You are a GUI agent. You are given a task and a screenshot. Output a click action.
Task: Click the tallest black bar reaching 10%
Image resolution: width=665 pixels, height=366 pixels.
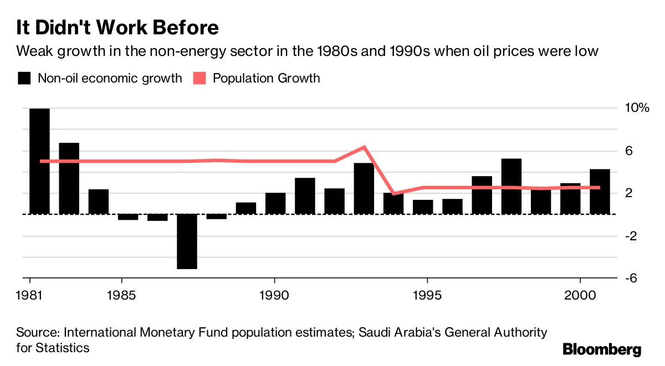coord(39,161)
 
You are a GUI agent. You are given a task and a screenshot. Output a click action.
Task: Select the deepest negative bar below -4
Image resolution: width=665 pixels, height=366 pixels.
coord(187,241)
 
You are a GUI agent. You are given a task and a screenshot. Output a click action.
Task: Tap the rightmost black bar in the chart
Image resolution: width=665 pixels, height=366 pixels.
coord(600,192)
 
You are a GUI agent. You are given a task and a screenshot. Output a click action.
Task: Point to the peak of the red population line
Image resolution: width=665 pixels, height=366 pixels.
coord(364,147)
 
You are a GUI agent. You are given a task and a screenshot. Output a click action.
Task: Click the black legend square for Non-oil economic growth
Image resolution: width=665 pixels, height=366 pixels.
coord(24,78)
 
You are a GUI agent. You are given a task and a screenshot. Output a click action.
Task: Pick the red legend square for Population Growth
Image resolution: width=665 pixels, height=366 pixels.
coord(200,78)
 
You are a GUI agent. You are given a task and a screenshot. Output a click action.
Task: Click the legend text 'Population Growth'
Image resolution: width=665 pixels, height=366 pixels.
coord(266,78)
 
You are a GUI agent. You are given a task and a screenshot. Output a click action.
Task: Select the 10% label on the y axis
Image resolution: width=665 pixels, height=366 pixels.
coord(637,108)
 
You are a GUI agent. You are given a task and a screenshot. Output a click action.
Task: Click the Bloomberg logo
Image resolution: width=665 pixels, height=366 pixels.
coord(602,349)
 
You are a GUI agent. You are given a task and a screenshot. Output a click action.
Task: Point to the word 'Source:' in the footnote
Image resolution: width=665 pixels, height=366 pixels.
coord(38,332)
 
